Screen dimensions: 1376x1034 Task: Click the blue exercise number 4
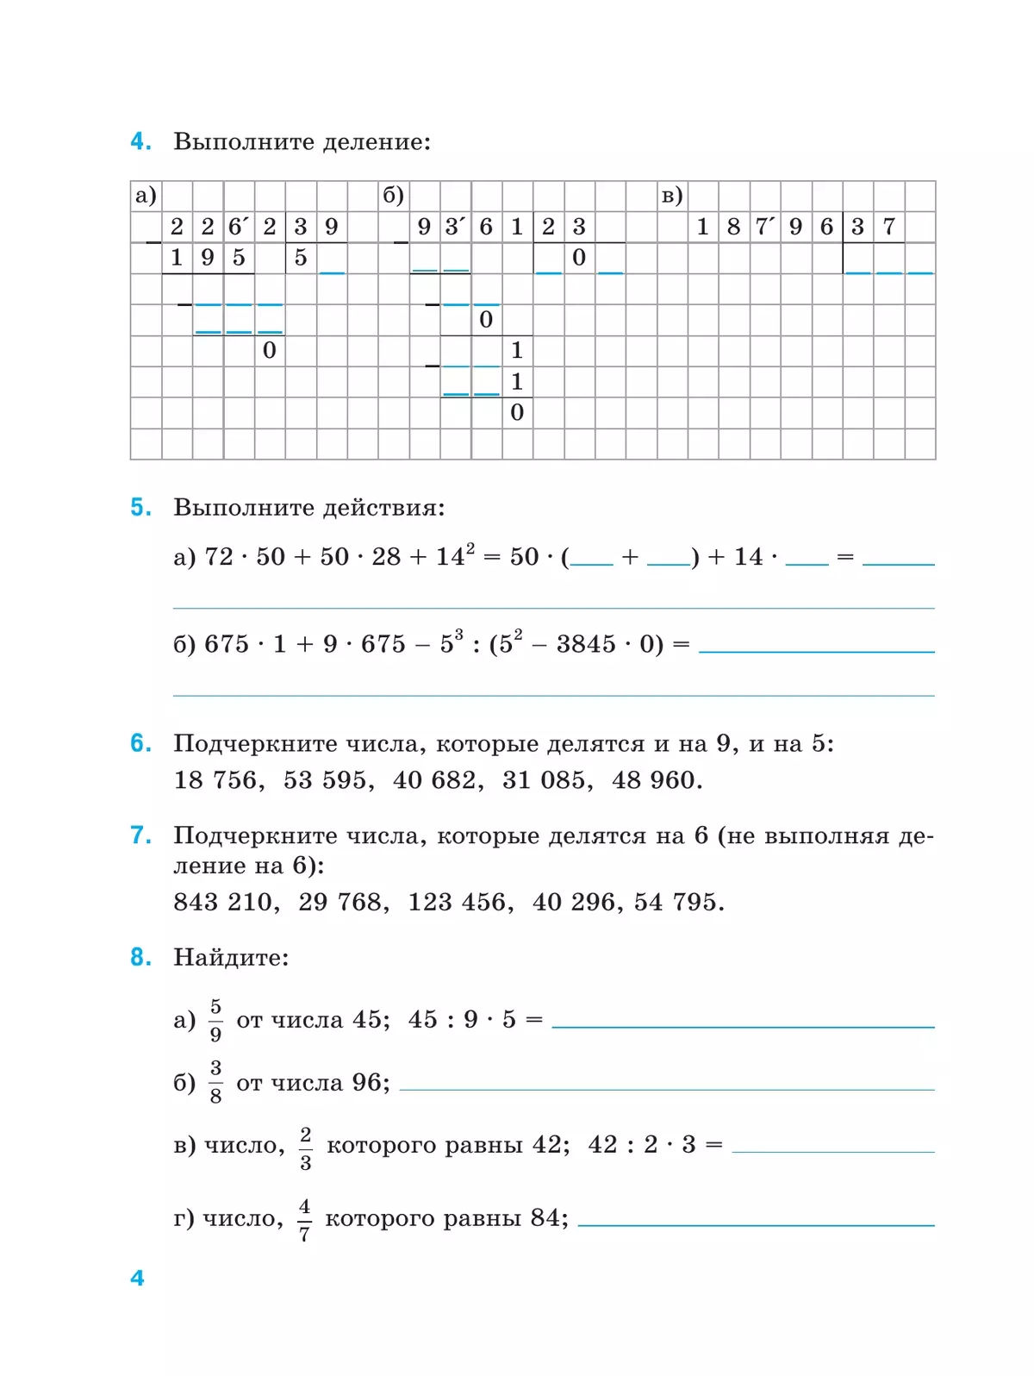pyautogui.click(x=140, y=141)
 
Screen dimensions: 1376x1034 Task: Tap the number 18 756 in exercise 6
pyautogui.click(x=215, y=780)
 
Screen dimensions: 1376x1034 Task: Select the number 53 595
pyautogui.click(x=325, y=780)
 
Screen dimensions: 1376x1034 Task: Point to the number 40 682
pyautogui.click(x=434, y=780)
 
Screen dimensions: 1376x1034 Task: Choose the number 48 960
pyautogui.click(x=653, y=780)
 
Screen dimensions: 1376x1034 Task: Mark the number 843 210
pyautogui.click(x=222, y=902)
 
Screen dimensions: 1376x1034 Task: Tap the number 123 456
pyautogui.click(x=457, y=902)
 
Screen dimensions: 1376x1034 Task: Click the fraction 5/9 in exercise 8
pyautogui.click(x=215, y=1020)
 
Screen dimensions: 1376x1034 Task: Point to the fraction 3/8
pyautogui.click(x=215, y=1082)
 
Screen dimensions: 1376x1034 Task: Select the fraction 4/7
pyautogui.click(x=304, y=1219)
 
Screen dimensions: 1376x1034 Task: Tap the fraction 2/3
pyautogui.click(x=306, y=1148)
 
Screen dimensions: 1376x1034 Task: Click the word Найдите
pyautogui.click(x=230, y=957)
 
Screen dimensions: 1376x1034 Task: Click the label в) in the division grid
pyautogui.click(x=672, y=196)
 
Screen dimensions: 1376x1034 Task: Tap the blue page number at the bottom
pyautogui.click(x=137, y=1278)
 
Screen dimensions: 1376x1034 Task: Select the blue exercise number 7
pyautogui.click(x=140, y=835)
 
